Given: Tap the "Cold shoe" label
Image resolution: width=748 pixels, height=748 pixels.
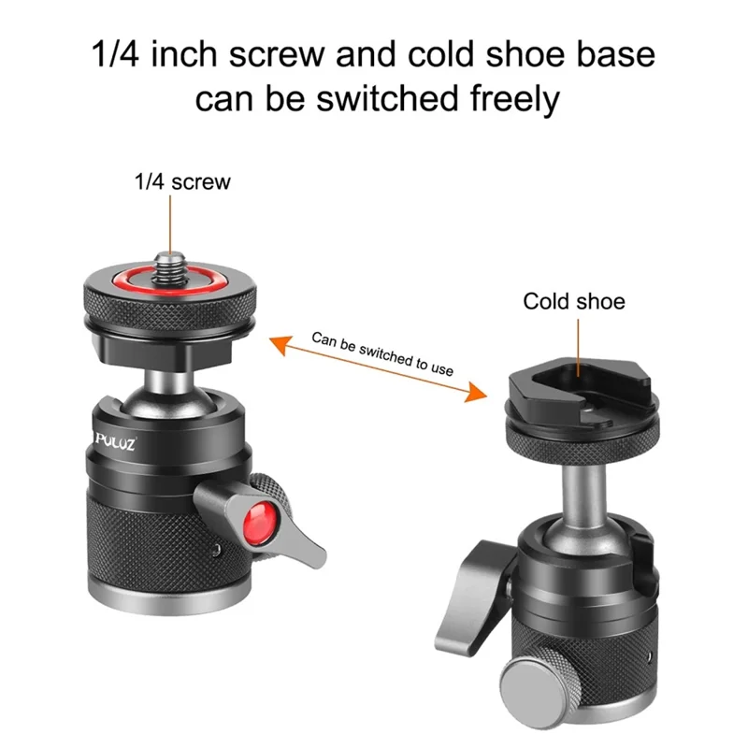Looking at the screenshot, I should point(573,301).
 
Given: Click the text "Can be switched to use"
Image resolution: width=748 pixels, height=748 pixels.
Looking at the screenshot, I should point(382,352).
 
